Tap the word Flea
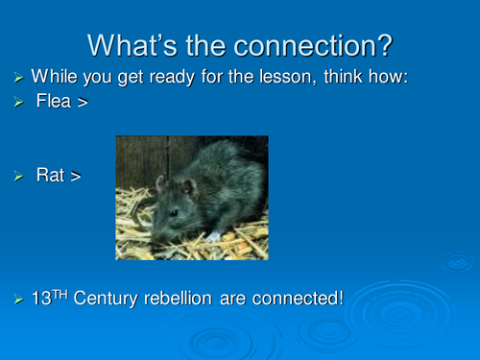[x=53, y=101]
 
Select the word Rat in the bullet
[x=50, y=175]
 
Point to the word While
[x=55, y=76]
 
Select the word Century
[x=108, y=300]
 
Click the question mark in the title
[x=383, y=44]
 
